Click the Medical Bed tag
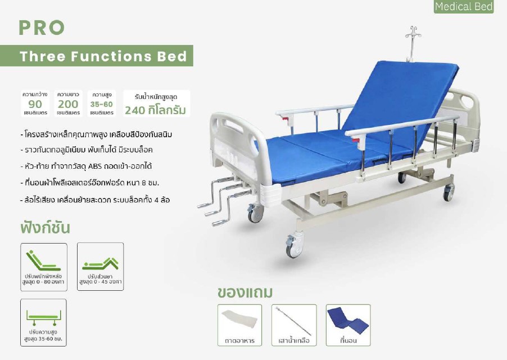[464, 7]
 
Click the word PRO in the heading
[42, 28]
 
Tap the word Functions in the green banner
[111, 56]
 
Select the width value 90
[35, 104]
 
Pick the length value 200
[68, 104]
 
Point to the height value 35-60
[102, 104]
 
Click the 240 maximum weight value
[135, 111]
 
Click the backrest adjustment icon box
[44, 267]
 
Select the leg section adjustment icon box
[101, 267]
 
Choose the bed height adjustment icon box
[43, 322]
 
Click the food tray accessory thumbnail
[239, 325]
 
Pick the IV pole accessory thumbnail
[294, 325]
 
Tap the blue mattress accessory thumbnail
[348, 325]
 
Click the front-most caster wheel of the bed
[293, 246]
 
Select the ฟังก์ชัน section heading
[45, 228]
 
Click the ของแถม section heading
[245, 292]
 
